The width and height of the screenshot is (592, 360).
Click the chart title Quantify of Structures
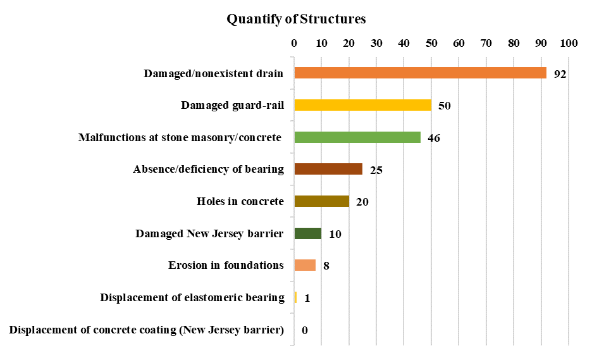pos(296,19)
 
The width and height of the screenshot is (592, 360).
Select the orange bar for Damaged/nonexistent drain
pos(420,73)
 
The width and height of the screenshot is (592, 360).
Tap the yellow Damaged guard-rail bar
pos(362,105)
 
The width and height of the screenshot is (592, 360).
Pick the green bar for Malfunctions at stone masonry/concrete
pos(357,137)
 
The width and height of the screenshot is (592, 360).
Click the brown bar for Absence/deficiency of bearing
pos(328,169)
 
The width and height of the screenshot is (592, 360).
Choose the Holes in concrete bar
pos(321,201)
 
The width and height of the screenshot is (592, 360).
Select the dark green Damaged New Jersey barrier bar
pos(307,233)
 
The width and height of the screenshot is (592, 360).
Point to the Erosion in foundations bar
pos(304,265)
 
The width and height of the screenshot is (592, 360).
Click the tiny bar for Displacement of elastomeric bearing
pos(295,297)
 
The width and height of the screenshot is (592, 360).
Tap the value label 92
pos(560,74)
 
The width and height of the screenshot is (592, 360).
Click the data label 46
pos(434,138)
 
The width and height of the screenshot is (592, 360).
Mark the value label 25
pos(376,170)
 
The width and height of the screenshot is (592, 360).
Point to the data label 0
pos(304,330)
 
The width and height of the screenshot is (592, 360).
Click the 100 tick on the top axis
pos(569,44)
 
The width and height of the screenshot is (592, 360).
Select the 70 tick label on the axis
pos(486,44)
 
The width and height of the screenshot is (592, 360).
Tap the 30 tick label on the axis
pos(376,44)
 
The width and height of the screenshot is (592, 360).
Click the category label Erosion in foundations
pos(226,265)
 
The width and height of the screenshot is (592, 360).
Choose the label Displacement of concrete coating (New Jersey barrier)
pos(147,330)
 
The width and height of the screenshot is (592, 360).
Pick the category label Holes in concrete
pos(240,201)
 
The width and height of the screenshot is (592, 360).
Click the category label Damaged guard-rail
pos(232,105)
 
